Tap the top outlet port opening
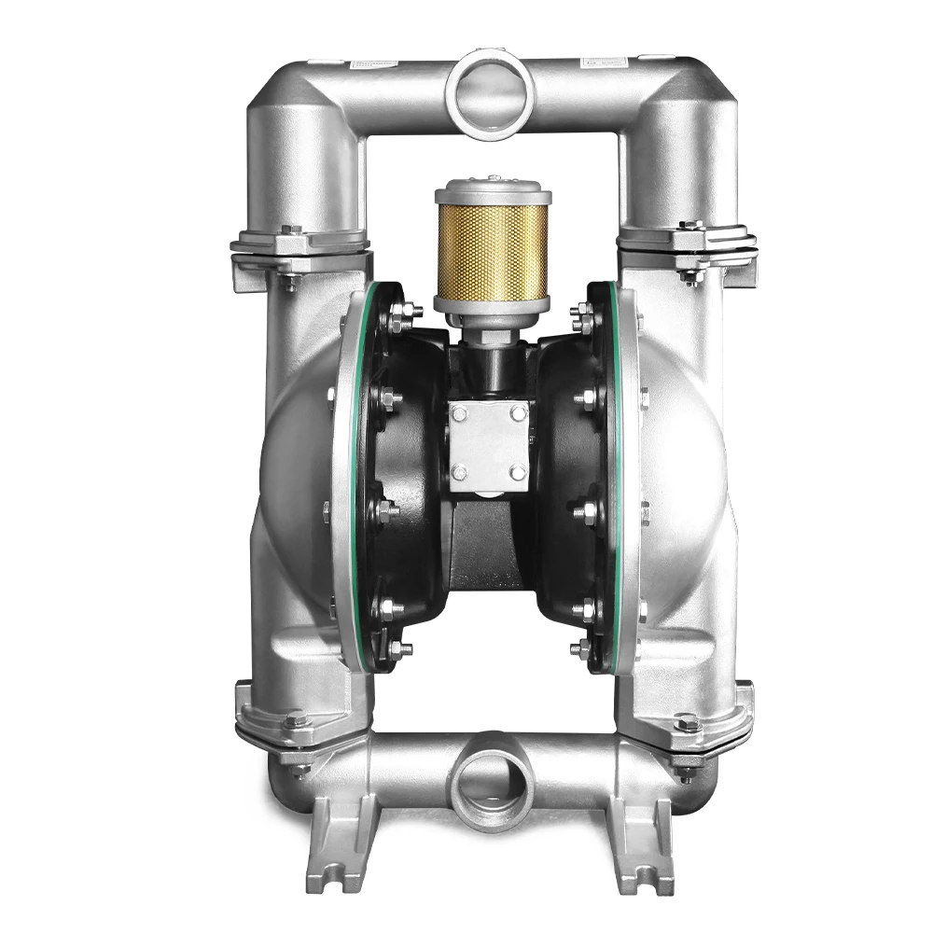coord(489,94)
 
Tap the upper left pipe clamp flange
coord(299,247)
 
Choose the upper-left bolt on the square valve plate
coord(459,413)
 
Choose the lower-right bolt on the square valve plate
coord(518,473)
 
